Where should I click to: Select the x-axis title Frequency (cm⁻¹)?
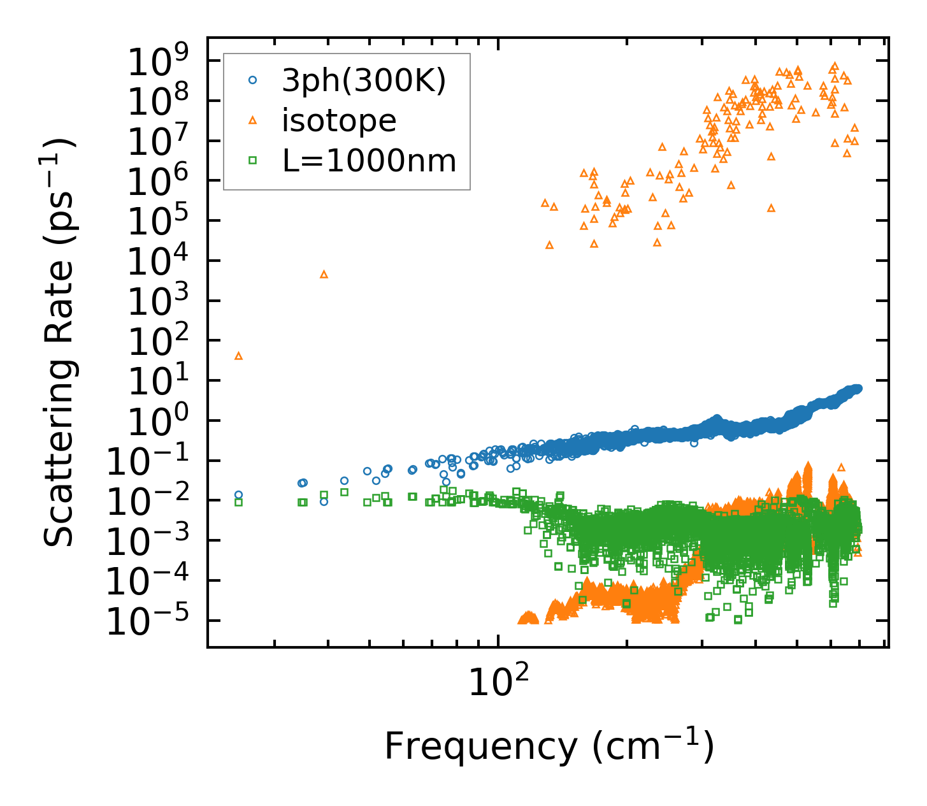pyautogui.click(x=549, y=746)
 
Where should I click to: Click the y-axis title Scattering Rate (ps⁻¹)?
pyautogui.click(x=60, y=342)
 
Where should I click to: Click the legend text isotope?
pyautogui.click(x=339, y=120)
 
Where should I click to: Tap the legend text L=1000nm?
pyautogui.click(x=370, y=161)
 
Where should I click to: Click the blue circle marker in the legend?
pyautogui.click(x=253, y=80)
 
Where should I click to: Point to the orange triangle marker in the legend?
pyautogui.click(x=253, y=120)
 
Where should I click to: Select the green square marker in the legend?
pyautogui.click(x=253, y=161)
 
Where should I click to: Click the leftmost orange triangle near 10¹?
pyautogui.click(x=239, y=356)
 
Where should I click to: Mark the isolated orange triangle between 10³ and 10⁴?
pyautogui.click(x=324, y=274)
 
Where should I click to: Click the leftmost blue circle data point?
pyautogui.click(x=239, y=494)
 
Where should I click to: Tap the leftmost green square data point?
pyautogui.click(x=239, y=502)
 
